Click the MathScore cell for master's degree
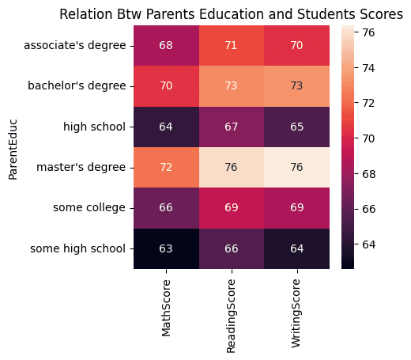[166, 167]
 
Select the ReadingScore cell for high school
[232, 127]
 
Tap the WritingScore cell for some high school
[296, 248]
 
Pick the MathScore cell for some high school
[166, 248]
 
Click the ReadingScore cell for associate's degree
[232, 46]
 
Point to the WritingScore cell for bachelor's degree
[296, 86]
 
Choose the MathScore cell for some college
[166, 208]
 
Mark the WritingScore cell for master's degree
[296, 167]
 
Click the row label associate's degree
[75, 46]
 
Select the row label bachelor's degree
[77, 85]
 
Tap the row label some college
[89, 208]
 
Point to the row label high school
[95, 127]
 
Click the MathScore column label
[166, 308]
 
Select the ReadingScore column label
[231, 316]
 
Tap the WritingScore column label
[296, 313]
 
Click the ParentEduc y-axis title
[13, 150]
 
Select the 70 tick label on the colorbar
[368, 138]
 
